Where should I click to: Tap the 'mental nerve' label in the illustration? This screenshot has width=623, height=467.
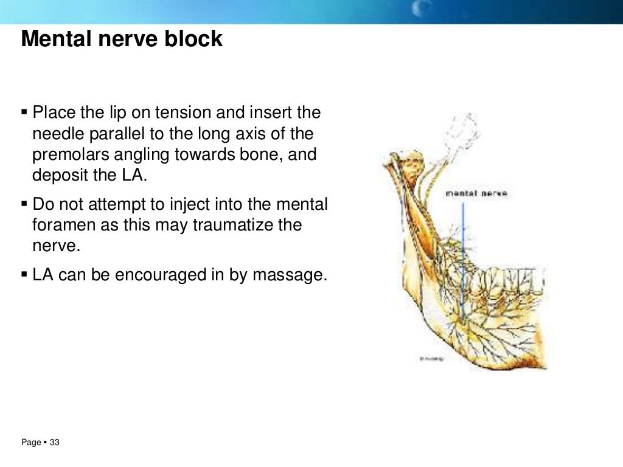(x=476, y=193)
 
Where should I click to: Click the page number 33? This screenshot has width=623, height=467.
(x=55, y=443)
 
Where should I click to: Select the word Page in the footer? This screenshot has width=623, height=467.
(x=30, y=443)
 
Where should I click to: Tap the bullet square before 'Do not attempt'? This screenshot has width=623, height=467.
(x=24, y=204)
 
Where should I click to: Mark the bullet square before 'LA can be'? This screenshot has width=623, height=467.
(x=24, y=275)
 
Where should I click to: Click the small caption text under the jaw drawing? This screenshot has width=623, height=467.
(x=432, y=359)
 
